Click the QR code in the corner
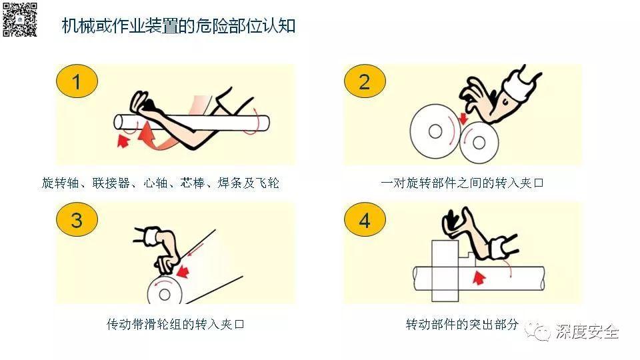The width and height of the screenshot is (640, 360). [19, 19]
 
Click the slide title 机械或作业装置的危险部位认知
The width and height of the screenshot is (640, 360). [178, 27]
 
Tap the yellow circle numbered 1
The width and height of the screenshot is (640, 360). [77, 82]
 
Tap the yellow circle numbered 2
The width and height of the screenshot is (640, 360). [364, 82]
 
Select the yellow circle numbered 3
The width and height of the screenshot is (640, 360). [77, 219]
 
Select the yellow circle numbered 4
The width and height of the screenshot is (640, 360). [364, 219]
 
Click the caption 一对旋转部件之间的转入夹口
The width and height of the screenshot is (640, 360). [462, 183]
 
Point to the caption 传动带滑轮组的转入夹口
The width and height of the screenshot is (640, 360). [175, 325]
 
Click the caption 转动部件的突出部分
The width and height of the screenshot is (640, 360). [462, 325]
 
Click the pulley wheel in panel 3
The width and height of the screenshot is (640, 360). [162, 291]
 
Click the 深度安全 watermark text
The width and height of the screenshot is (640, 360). [587, 331]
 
